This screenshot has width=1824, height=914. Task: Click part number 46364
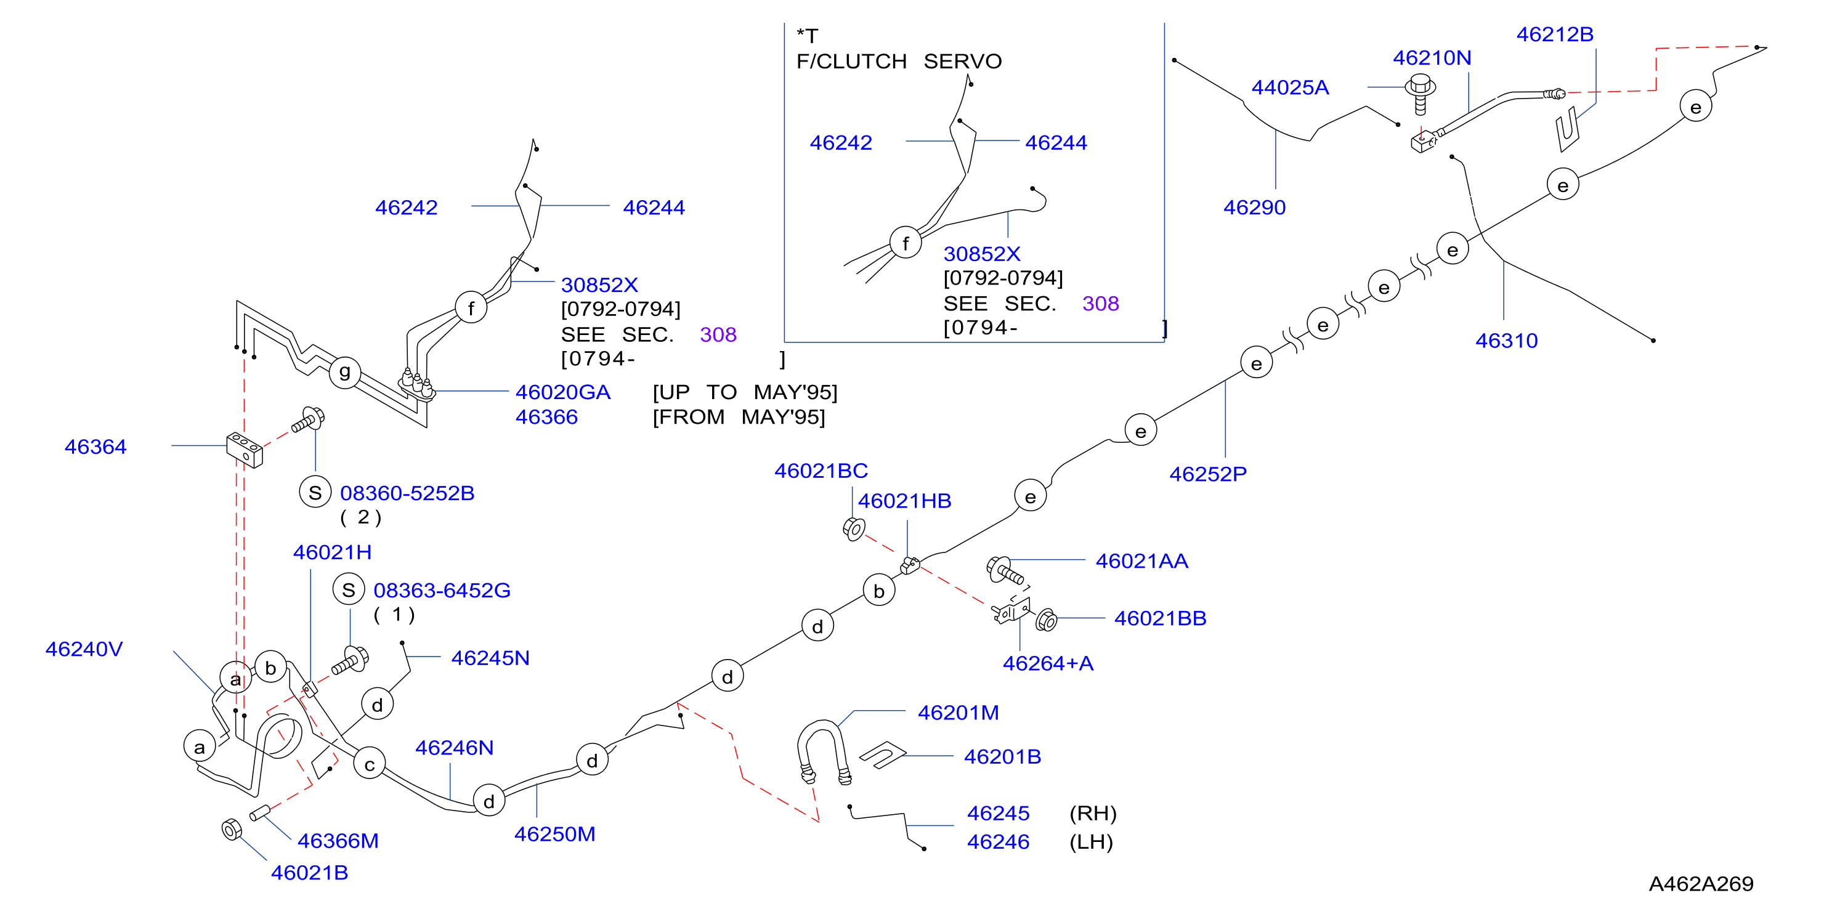(x=95, y=447)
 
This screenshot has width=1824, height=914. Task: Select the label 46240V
(x=84, y=649)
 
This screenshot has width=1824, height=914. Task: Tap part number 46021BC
(x=821, y=471)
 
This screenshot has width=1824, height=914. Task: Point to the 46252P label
(x=1208, y=474)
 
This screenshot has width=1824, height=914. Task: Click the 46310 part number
(x=1507, y=341)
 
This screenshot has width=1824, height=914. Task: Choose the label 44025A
(x=1290, y=87)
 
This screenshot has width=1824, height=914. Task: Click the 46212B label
(x=1555, y=34)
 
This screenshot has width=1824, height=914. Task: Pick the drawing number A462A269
(x=1701, y=884)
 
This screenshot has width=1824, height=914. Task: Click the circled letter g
(x=345, y=371)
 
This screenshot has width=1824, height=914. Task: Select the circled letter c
(x=370, y=764)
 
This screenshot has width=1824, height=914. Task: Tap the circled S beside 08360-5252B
(x=315, y=492)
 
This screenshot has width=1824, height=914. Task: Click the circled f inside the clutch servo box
(x=906, y=243)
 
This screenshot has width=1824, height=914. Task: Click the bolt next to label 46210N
(x=1420, y=94)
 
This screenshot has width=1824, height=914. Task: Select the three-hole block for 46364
(x=245, y=450)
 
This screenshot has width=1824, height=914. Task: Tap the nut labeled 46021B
(x=232, y=829)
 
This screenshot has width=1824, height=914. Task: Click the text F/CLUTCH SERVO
(x=899, y=62)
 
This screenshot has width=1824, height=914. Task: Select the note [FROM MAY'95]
(x=739, y=417)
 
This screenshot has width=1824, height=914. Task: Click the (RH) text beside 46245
(x=1093, y=814)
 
